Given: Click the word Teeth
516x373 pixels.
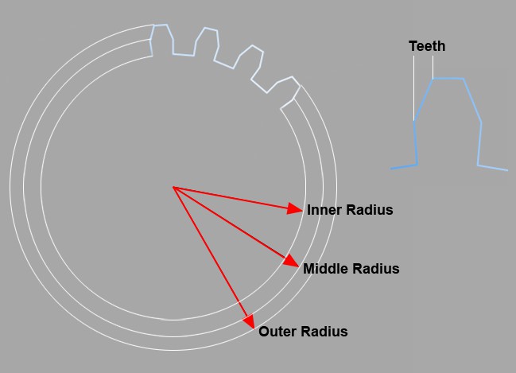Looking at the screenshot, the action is (427, 46).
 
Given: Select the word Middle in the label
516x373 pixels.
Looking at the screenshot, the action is (324, 269).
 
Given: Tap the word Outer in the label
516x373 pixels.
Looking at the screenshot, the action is (277, 331).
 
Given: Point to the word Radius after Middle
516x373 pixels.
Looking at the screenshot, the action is (374, 269).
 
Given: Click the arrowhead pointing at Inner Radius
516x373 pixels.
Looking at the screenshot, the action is (294, 208).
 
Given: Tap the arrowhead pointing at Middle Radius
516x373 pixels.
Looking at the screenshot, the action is (291, 260).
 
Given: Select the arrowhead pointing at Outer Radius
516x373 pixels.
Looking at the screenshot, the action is (249, 321).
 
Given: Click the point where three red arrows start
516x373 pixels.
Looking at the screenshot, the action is (173, 187).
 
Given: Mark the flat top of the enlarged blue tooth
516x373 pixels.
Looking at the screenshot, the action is (448, 79).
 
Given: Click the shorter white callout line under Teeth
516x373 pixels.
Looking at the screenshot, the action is (433, 67).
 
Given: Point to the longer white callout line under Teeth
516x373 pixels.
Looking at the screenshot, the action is (414, 88).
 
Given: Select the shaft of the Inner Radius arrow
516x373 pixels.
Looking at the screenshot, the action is (231, 197).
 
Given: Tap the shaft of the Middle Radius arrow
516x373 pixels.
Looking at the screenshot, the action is (229, 223).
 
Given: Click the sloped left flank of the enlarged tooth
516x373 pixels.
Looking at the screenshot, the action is (424, 99).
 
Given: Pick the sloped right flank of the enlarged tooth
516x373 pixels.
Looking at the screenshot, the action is (472, 100).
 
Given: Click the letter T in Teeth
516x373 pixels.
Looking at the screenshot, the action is (413, 46).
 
